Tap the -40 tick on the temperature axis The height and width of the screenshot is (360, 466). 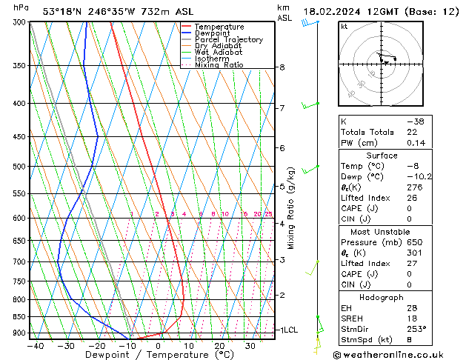point(34,345)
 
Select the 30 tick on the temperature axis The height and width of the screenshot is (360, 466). point(250,345)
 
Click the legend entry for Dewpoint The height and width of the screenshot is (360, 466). point(213,33)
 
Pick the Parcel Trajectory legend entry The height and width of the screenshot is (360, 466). point(228,40)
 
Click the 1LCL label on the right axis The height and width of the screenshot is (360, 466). point(287,330)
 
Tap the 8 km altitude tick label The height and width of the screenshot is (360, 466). point(282,67)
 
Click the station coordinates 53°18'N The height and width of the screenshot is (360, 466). point(63,11)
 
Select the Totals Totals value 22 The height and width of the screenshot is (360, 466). point(413,132)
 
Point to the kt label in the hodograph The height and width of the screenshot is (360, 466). point(344,27)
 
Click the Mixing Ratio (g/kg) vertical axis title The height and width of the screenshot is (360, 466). point(291,207)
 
